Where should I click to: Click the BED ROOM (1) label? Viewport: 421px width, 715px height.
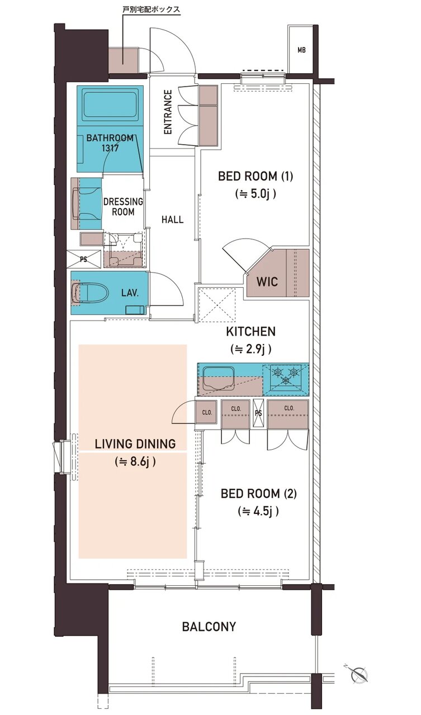255,176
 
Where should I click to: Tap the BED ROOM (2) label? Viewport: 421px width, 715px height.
258,493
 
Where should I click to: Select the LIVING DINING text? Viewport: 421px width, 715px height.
135,444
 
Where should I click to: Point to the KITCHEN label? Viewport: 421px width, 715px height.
250,331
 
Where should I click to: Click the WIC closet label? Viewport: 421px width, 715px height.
267,282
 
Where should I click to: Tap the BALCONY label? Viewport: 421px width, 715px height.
209,626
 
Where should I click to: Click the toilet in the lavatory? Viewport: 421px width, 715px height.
91,292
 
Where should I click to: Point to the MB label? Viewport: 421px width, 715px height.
301,50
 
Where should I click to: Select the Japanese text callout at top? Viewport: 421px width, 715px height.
152,9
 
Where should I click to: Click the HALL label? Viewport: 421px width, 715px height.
173,220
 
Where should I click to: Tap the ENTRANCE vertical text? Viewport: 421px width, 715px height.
168,112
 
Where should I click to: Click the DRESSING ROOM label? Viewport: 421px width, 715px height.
123,207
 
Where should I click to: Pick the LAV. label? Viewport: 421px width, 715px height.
130,293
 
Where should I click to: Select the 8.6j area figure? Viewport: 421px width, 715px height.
135,461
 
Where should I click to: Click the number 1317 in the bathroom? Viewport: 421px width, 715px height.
110,148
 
